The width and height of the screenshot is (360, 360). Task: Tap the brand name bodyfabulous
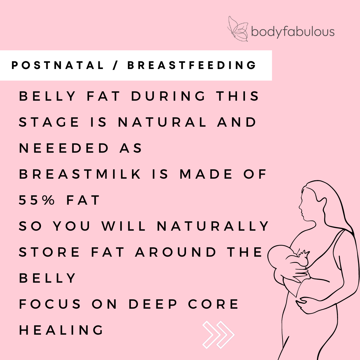(293, 32)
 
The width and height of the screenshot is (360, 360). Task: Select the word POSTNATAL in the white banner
(58, 66)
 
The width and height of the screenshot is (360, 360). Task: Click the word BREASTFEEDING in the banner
(192, 66)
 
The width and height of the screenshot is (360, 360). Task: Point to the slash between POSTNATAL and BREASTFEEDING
(116, 66)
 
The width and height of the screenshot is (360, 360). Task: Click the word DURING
(169, 96)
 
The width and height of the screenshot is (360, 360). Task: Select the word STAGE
(49, 122)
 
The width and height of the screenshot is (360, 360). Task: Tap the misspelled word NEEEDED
(64, 148)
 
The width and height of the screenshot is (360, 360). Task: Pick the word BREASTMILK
(80, 174)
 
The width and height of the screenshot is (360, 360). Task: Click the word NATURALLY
(213, 226)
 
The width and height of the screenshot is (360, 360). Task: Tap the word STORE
(49, 252)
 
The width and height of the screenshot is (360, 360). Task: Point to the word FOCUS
(50, 304)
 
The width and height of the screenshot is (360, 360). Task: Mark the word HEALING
(61, 330)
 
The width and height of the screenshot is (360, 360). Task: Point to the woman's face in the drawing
(304, 207)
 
